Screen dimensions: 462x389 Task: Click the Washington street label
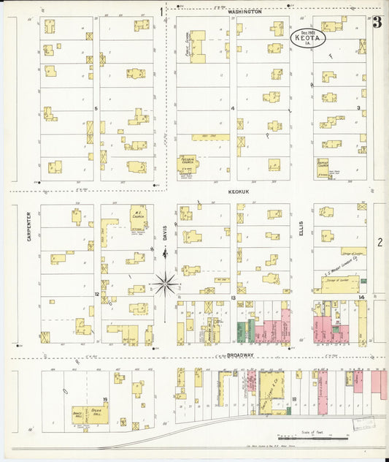244,12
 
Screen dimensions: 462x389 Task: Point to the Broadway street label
240,355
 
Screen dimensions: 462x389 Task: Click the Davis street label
166,232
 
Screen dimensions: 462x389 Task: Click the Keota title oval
309,37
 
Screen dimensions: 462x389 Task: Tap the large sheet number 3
377,23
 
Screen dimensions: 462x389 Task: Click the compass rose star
166,282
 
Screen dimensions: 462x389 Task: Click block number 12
96,294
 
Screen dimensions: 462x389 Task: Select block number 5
96,108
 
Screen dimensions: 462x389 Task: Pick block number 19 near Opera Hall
105,399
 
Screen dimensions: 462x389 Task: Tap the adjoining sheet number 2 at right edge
380,242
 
